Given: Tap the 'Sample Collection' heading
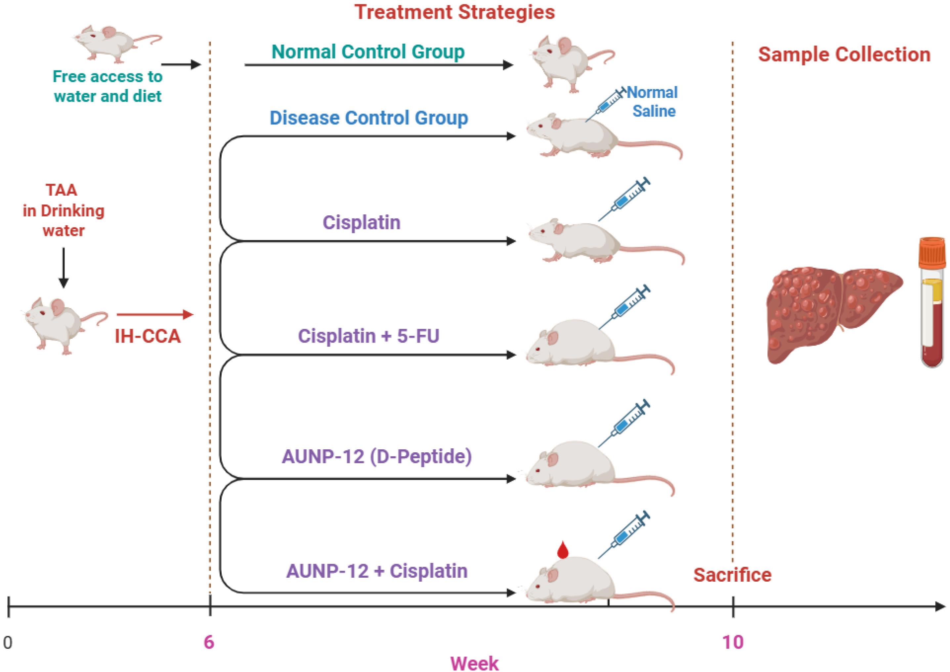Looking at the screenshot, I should click(844, 55).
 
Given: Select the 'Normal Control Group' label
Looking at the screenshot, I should click(368, 52).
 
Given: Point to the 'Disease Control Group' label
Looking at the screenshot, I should click(369, 118).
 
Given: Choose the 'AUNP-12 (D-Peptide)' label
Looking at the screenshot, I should click(376, 456).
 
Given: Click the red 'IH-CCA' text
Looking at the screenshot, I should click(148, 336).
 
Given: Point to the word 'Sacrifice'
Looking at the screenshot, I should click(732, 575).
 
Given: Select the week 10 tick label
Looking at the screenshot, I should click(733, 642).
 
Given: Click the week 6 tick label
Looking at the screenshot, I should click(209, 642).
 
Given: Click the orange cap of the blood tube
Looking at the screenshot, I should click(932, 252).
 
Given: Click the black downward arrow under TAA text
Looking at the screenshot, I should click(63, 267).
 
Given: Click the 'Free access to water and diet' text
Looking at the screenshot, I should click(108, 86).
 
